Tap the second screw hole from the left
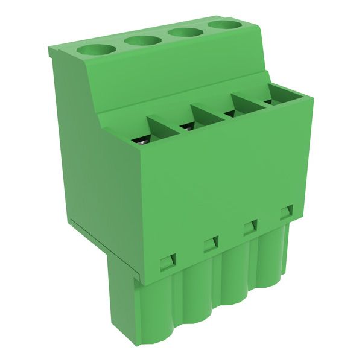coord(143,40)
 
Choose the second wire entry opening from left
coord(186,125)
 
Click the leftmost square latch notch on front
coord(167,261)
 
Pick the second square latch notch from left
coord(210,244)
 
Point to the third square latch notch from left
coord(249,227)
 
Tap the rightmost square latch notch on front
coord(285,212)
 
